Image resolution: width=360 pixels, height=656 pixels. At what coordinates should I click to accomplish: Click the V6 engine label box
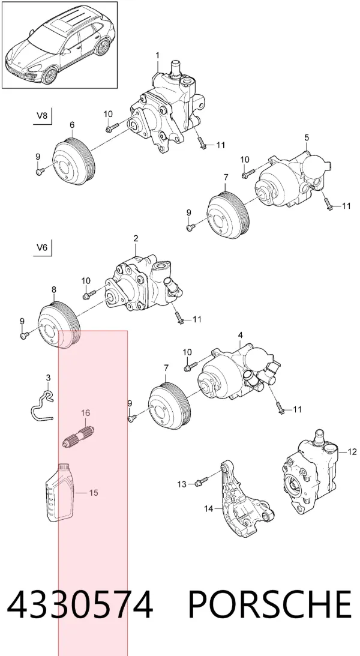[x=42, y=247]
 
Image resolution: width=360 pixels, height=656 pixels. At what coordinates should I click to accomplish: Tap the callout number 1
[x=158, y=55]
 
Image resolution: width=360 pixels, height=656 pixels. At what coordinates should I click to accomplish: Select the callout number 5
[x=307, y=137]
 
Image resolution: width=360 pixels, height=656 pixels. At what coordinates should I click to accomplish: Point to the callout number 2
[x=136, y=238]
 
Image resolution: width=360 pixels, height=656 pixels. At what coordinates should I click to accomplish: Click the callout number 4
[x=241, y=335]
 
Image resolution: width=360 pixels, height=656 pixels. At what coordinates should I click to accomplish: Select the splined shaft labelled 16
[x=78, y=436]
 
